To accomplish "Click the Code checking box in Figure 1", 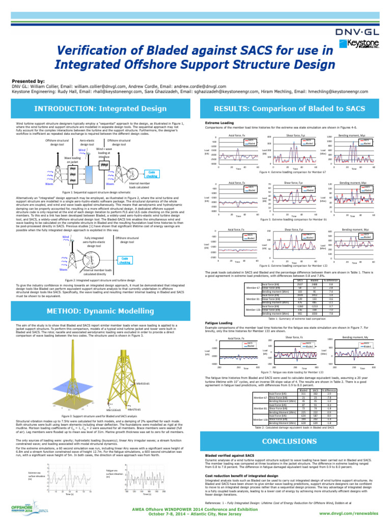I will (x=152, y=174).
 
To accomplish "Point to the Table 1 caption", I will (x=297, y=318).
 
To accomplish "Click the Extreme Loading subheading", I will (x=219, y=123).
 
